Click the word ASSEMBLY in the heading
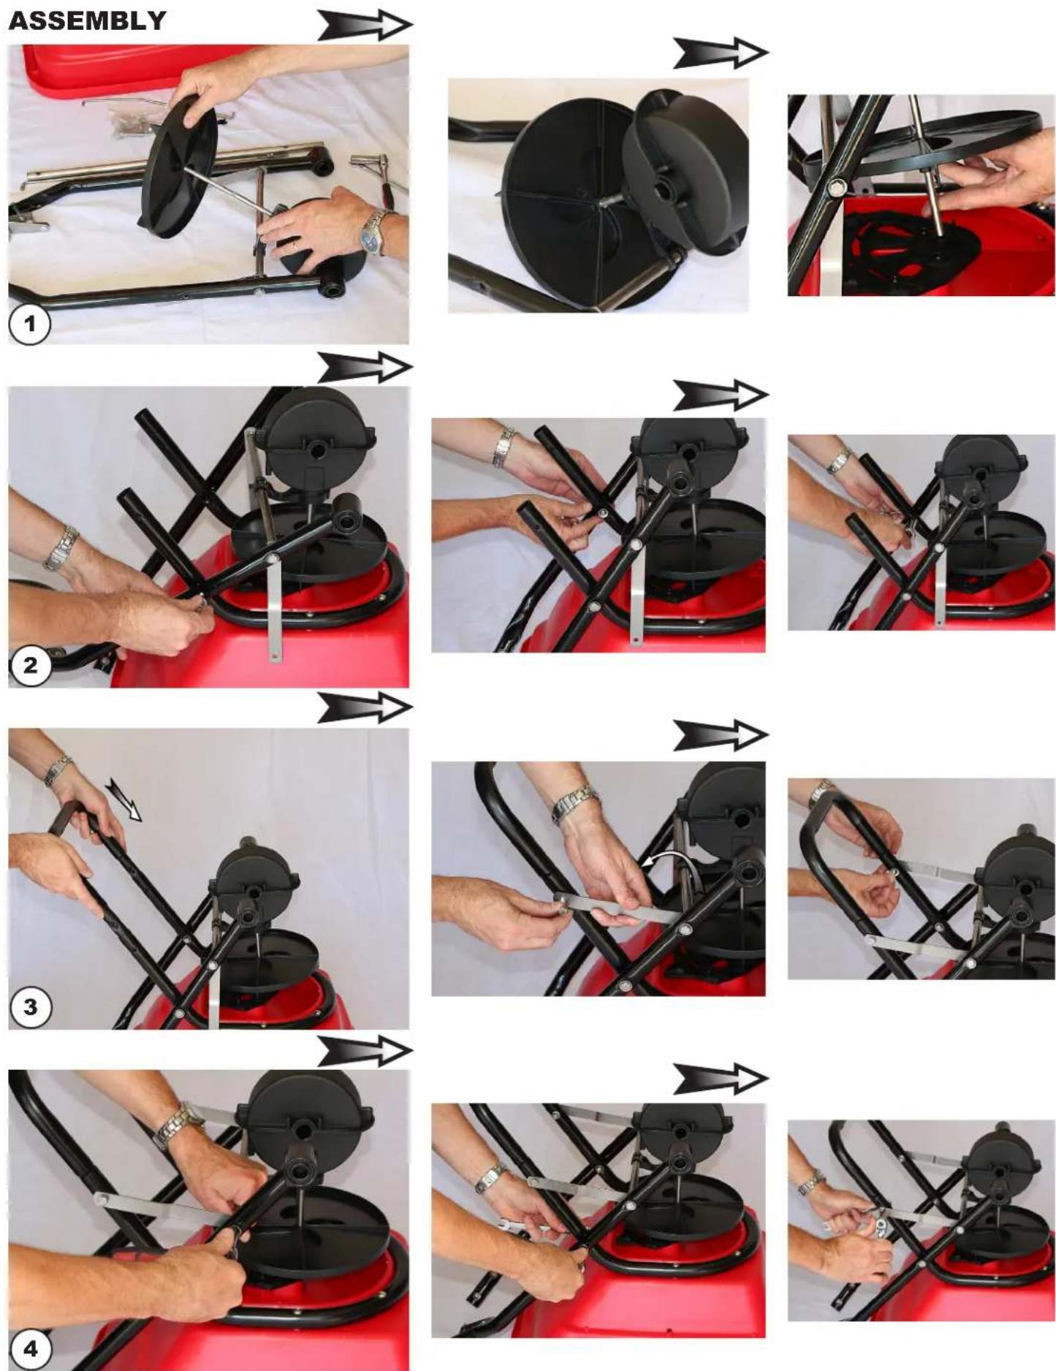tap(87, 20)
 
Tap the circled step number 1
tap(29, 324)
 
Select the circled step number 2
tap(29, 666)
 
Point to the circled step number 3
tap(29, 1008)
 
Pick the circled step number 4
tap(29, 1348)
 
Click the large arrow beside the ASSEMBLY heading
tap(365, 26)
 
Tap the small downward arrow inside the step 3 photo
tap(124, 799)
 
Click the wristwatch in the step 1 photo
tap(374, 230)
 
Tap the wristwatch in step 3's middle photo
tap(574, 804)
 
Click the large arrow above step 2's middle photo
tap(721, 395)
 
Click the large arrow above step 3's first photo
tap(365, 708)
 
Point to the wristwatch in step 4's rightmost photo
tap(810, 1181)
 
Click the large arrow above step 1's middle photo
tap(721, 54)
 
